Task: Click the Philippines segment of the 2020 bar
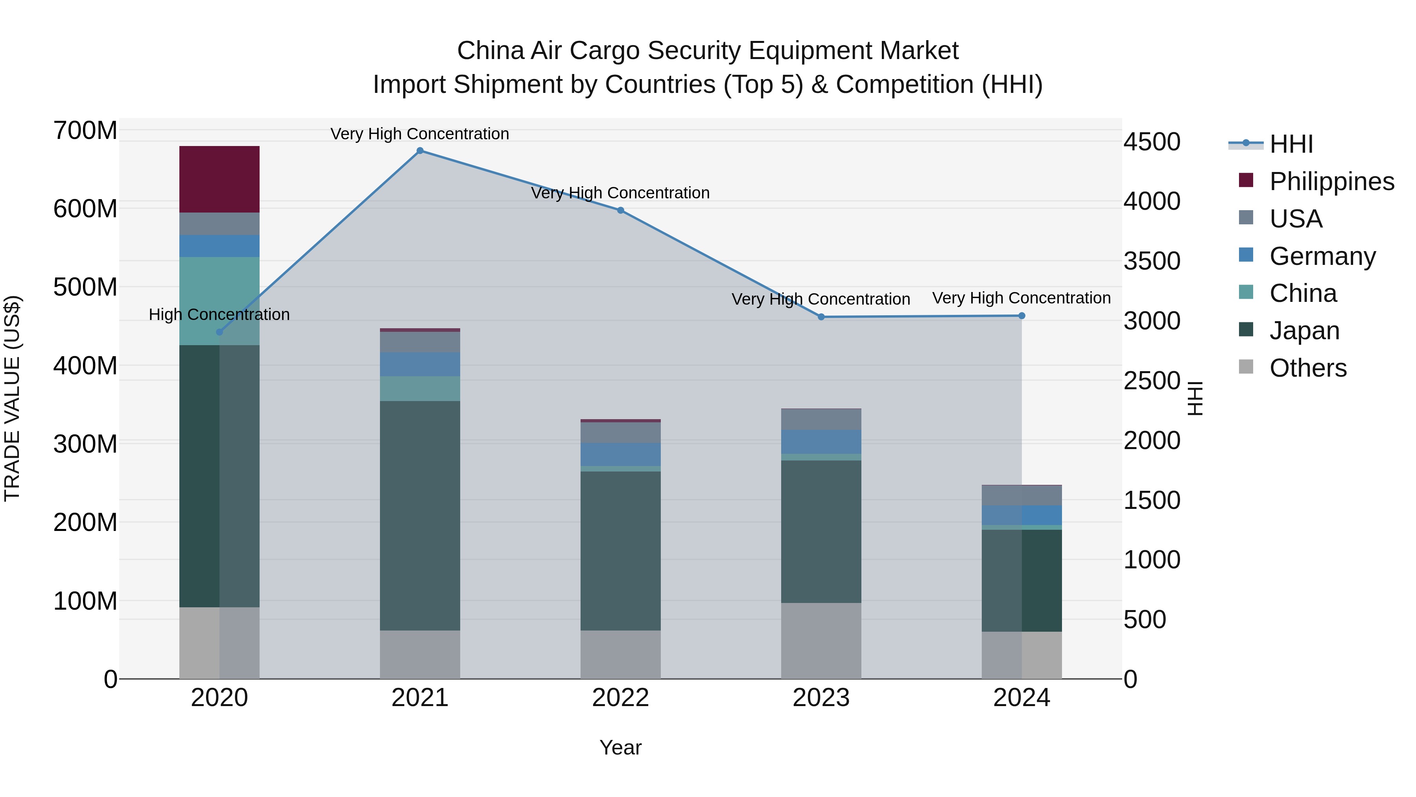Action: tap(219, 179)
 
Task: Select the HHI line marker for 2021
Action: tap(420, 151)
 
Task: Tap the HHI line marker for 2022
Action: tap(621, 210)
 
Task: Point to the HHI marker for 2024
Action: tap(1022, 316)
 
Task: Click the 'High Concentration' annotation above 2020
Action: tap(219, 314)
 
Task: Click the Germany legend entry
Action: tap(1322, 256)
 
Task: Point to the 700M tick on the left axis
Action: tap(85, 131)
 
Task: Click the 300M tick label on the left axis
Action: tap(85, 444)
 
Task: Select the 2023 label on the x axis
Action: tap(821, 698)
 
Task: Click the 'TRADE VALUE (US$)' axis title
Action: tap(12, 398)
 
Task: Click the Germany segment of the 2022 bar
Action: tap(621, 454)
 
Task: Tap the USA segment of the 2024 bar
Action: tap(1022, 496)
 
